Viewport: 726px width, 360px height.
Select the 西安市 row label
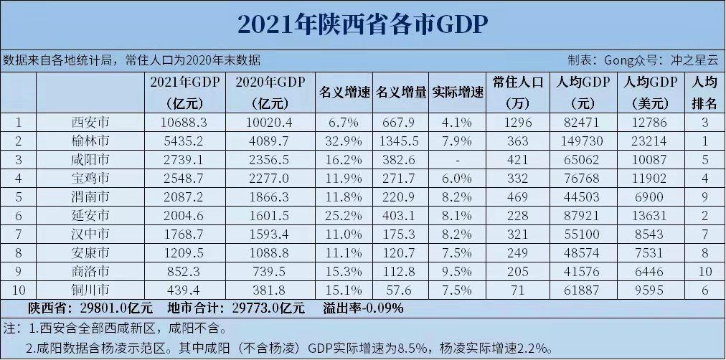(x=92, y=122)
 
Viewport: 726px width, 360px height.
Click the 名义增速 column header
(x=344, y=93)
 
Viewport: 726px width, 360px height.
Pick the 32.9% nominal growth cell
(x=345, y=141)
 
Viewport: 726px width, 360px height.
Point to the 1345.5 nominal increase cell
(x=402, y=141)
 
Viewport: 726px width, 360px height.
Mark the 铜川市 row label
(x=92, y=290)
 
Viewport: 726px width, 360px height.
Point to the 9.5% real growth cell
(x=456, y=271)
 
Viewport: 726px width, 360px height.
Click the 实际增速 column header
(x=458, y=93)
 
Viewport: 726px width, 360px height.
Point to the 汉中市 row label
(x=92, y=234)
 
